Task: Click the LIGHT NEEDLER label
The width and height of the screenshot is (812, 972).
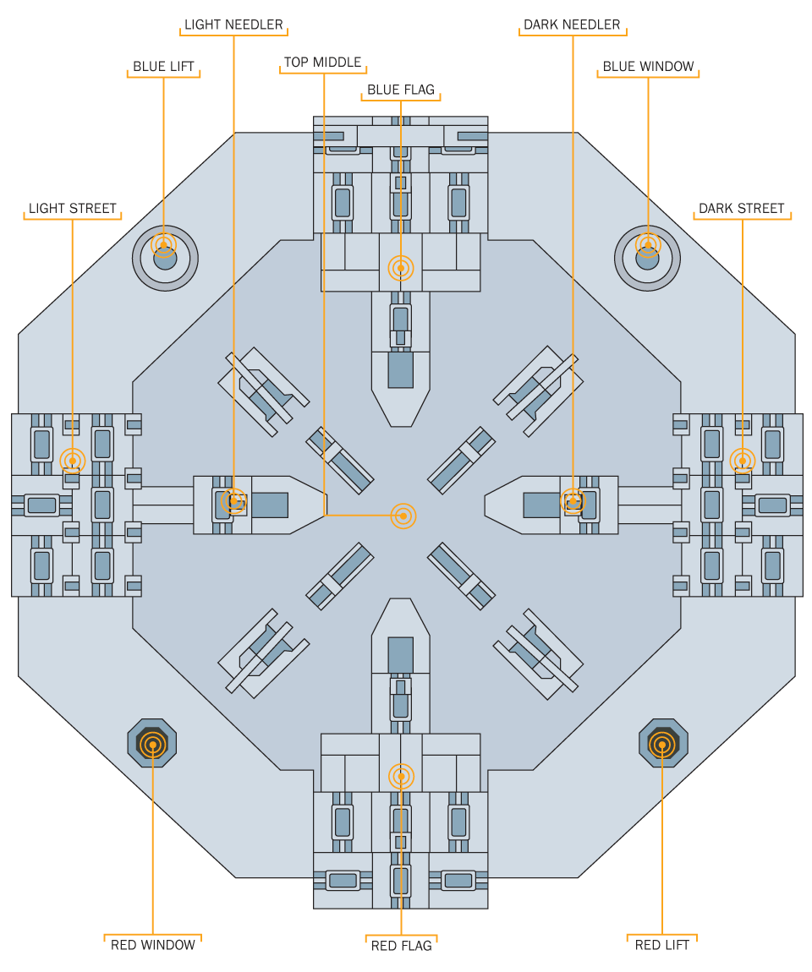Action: (x=233, y=25)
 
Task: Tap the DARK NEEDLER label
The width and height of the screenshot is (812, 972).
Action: (x=572, y=25)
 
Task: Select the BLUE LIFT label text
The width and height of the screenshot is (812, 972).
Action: (x=164, y=66)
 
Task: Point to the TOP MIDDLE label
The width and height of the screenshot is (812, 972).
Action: (x=322, y=62)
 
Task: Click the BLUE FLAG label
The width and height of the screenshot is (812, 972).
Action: (x=401, y=90)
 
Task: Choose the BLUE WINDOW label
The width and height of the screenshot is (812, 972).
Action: (x=648, y=66)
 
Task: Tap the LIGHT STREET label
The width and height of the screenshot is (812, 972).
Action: (x=73, y=208)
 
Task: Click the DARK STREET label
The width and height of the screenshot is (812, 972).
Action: (x=742, y=208)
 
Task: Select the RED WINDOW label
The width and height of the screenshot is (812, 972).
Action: (x=152, y=945)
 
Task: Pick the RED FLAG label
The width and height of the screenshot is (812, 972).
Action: (x=401, y=945)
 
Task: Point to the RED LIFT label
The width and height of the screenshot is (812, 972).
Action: (x=662, y=945)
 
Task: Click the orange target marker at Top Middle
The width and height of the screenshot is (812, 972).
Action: (x=403, y=516)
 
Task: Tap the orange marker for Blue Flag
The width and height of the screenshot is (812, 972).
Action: (x=401, y=268)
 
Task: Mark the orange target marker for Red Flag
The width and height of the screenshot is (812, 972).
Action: (x=401, y=776)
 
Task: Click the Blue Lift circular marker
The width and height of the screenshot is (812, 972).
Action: (x=164, y=258)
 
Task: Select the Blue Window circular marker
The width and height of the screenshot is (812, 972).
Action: (x=648, y=258)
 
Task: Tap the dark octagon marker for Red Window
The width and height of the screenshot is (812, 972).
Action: (x=152, y=743)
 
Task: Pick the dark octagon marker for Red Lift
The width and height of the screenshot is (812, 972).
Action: (x=663, y=743)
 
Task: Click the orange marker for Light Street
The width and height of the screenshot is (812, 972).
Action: (x=73, y=461)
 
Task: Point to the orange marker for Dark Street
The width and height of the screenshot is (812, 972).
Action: (x=742, y=461)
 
